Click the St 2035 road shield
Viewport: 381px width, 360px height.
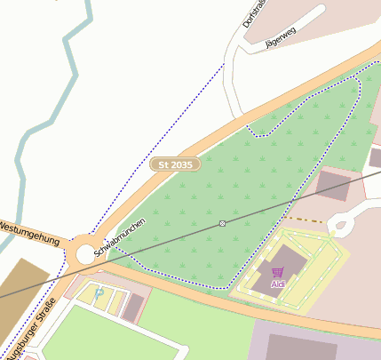pos(176,164)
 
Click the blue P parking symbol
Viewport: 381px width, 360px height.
pos(99,292)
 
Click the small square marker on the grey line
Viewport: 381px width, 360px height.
pos(222,223)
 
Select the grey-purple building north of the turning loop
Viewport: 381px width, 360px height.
pos(334,185)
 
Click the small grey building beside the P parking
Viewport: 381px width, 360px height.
pos(134,308)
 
